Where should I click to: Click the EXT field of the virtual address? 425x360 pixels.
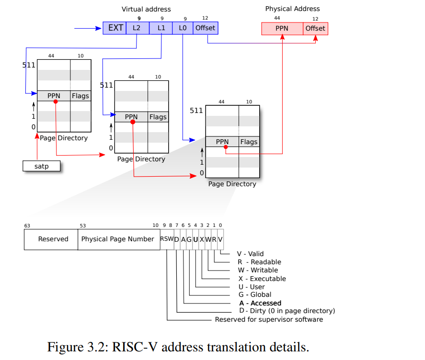coord(115,28)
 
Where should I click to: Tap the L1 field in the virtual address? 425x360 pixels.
coord(161,28)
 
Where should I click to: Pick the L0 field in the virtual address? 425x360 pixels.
coord(183,28)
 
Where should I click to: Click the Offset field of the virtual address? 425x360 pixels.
coord(205,28)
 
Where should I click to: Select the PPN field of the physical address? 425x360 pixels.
coord(282,28)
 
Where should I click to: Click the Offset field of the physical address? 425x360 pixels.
coord(315,28)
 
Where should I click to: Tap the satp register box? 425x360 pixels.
coord(42,166)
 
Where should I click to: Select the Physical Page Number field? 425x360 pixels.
coord(118,239)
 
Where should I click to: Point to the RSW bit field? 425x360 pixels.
coord(167,239)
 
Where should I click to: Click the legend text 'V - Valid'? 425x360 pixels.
coord(250,254)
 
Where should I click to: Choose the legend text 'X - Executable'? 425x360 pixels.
coord(262,279)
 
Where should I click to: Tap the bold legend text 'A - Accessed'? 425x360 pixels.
coord(260,303)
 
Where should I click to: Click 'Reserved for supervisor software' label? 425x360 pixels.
coord(269,319)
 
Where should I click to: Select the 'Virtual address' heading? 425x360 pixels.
coord(146,9)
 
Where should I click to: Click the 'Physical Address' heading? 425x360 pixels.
coord(292,9)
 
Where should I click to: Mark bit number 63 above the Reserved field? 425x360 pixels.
coord(27,225)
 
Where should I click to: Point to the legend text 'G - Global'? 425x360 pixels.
coord(254,295)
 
